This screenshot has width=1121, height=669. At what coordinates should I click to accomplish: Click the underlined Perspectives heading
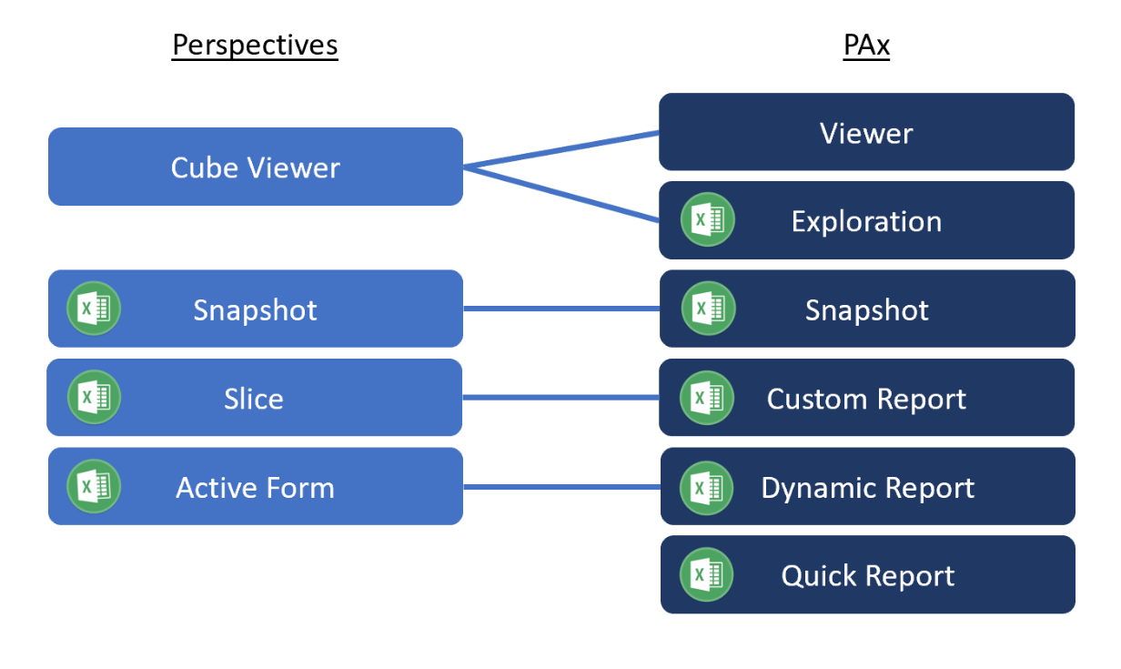[255, 45]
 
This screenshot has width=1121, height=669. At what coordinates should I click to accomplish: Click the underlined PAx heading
[865, 45]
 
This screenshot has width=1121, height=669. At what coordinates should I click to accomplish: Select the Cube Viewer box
[255, 167]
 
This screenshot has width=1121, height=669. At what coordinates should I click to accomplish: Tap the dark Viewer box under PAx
[866, 133]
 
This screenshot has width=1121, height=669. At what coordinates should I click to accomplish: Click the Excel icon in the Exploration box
[707, 220]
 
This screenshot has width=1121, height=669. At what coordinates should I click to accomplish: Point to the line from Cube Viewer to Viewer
[561, 149]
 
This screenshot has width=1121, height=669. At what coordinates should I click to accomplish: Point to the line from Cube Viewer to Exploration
[561, 194]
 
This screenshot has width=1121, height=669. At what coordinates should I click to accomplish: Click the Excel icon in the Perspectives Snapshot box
[94, 309]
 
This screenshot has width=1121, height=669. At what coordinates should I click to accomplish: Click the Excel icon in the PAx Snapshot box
[708, 309]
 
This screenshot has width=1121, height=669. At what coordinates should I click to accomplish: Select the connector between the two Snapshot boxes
[561, 309]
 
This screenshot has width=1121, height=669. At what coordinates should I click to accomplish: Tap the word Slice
[253, 399]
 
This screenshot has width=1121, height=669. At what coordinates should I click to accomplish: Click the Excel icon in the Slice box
[94, 397]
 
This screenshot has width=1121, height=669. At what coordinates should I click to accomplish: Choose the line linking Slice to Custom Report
[561, 397]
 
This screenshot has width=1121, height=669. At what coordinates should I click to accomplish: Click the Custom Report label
[866, 399]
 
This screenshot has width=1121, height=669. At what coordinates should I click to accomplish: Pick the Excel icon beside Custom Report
[707, 398]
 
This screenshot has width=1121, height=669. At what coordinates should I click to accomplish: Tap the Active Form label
[255, 488]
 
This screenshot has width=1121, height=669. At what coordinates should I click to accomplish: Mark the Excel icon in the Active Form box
[94, 486]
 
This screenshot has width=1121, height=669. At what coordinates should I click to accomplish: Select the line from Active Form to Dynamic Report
[561, 486]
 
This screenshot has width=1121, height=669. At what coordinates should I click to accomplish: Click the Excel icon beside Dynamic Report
[707, 487]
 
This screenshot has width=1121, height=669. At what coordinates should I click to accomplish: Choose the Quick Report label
[867, 575]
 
